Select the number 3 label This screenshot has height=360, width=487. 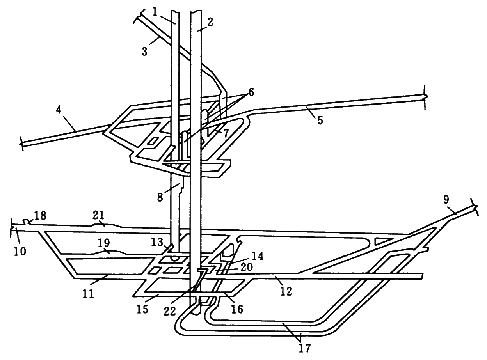[145, 51]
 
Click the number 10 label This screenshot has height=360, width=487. [20, 251]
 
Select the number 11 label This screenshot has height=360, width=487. [89, 293]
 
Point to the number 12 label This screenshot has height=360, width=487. [286, 291]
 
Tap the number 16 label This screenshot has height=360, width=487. [236, 309]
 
